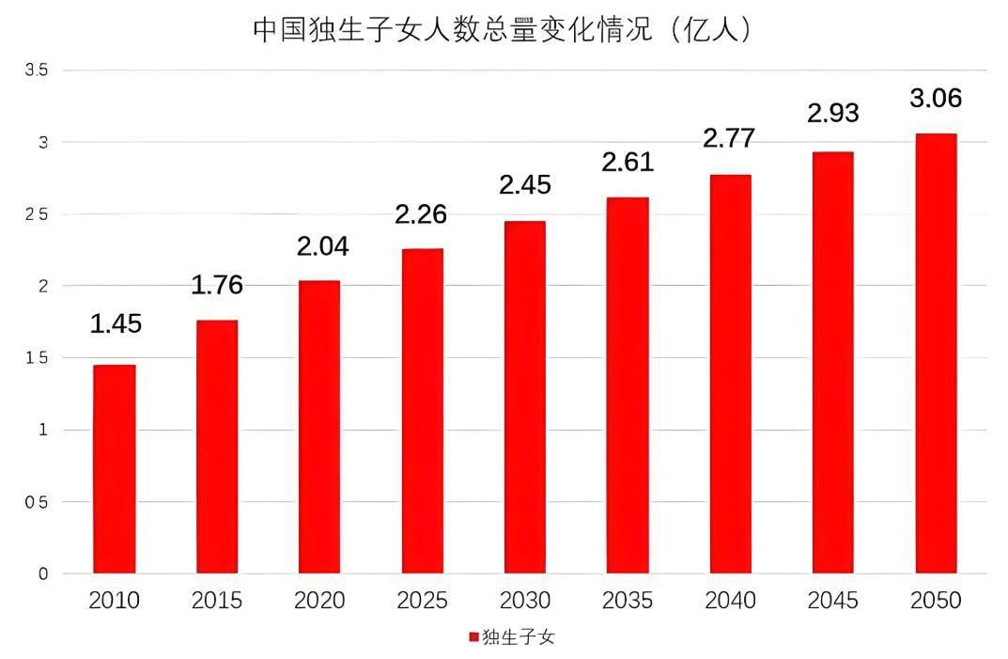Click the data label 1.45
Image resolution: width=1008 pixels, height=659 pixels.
(116, 324)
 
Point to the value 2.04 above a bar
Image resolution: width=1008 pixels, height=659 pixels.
(322, 246)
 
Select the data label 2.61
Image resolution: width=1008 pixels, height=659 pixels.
(628, 162)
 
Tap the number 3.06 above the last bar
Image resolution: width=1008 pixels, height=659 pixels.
(936, 98)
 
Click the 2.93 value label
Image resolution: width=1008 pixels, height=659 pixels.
(833, 113)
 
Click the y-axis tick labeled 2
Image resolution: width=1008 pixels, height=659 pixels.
(42, 286)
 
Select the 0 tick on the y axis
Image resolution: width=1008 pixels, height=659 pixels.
(42, 573)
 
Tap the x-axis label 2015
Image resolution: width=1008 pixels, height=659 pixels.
(217, 601)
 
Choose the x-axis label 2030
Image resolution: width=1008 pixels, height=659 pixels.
(525, 601)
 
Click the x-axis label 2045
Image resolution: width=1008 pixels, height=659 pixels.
(833, 601)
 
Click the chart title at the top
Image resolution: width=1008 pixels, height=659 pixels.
(504, 30)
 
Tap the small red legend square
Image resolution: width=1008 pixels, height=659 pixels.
(473, 637)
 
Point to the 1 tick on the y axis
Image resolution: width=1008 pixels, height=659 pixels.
(42, 430)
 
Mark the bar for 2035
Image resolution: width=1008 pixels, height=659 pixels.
(628, 385)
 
